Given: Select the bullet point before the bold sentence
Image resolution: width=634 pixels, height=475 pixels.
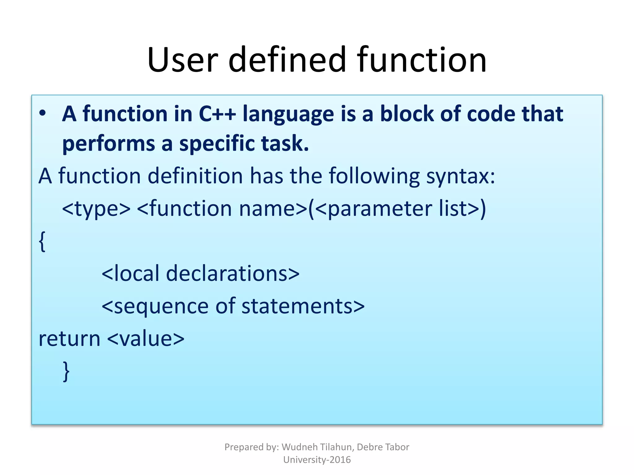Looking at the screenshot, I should tap(42, 113).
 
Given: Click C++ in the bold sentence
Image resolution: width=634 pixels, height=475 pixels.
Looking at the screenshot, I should tap(217, 114).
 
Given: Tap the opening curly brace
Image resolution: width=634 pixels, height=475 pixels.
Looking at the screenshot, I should tap(42, 242).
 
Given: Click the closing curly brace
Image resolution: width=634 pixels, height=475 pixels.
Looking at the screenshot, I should tap(66, 371).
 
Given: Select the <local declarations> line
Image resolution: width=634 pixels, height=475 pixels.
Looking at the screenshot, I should tap(200, 274).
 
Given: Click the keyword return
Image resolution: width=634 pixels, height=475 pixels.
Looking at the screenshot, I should tap(69, 339).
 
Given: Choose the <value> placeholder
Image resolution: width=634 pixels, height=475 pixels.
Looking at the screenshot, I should tap(146, 339).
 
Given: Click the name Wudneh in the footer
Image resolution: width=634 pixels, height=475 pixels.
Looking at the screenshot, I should tap(299, 447).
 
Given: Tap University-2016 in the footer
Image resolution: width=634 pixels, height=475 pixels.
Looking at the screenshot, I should tap(317, 460).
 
